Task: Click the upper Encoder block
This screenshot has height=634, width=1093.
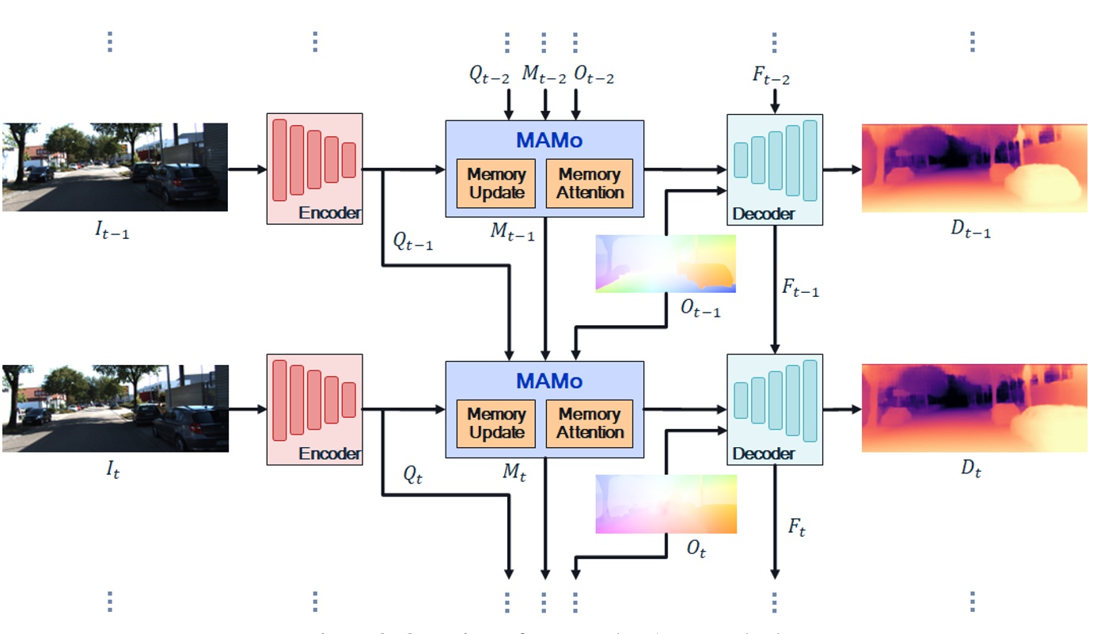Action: [x=314, y=169]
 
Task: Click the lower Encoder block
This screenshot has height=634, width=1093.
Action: [x=314, y=409]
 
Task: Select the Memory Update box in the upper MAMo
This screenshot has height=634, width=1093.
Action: [x=495, y=183]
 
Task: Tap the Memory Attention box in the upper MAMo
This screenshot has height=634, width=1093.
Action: [x=590, y=183]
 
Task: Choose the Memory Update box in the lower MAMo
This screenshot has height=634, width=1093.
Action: [x=495, y=423]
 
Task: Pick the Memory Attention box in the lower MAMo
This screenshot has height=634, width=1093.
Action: [x=590, y=423]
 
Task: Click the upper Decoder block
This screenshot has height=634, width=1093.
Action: [x=774, y=169]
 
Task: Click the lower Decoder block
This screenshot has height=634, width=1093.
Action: [x=774, y=409]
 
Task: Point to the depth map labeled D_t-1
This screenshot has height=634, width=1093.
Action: [x=974, y=168]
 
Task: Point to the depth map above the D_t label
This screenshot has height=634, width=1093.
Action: [x=974, y=408]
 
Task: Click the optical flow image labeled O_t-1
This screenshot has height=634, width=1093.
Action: [x=666, y=264]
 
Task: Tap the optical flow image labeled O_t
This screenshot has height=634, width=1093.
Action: [x=666, y=504]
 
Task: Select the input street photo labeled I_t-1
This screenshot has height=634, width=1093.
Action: [x=115, y=167]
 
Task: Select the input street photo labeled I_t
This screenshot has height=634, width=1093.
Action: [x=115, y=408]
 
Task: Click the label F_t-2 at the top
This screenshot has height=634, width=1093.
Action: [x=771, y=77]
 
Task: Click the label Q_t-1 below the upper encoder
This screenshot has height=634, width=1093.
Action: [x=413, y=241]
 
